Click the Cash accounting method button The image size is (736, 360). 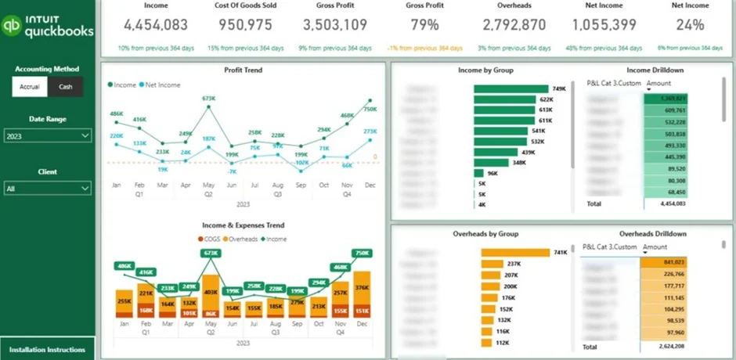65,87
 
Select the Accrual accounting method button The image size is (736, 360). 30,87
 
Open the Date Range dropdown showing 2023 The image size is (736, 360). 48,136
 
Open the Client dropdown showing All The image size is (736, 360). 48,189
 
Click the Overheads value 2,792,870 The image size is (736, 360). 515,24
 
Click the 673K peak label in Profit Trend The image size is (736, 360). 208,99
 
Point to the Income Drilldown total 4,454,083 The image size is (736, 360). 667,203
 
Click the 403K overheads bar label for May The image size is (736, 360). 210,292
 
